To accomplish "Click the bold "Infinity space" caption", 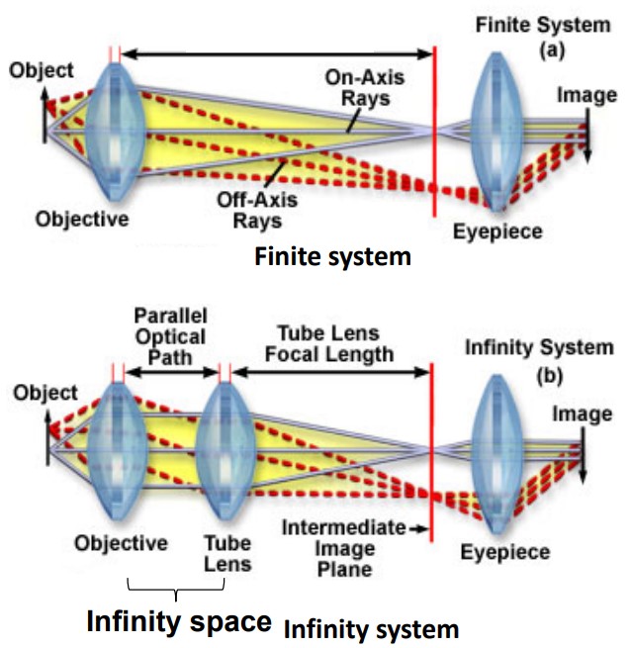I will [178, 621].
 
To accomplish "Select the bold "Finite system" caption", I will [331, 258].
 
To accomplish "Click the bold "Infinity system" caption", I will [371, 627].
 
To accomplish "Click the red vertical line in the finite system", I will [433, 139].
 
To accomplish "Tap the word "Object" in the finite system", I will [41, 70].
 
